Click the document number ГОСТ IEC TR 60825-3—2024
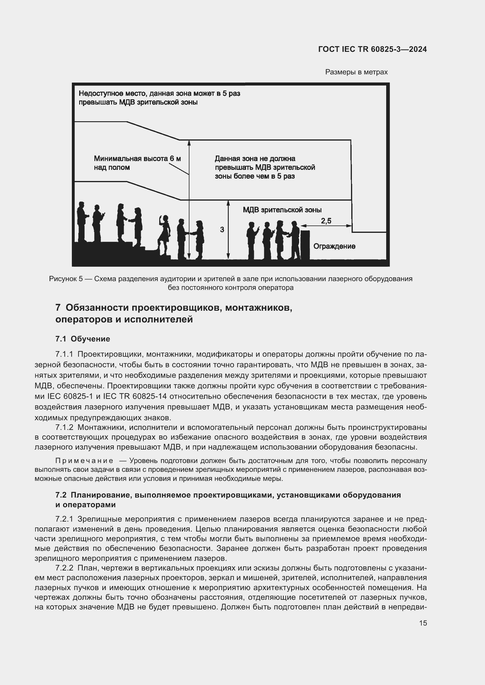(x=372, y=49)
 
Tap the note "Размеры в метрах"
(x=356, y=72)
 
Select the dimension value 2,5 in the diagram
(x=326, y=221)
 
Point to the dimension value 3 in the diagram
(x=222, y=230)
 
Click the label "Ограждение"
(x=334, y=246)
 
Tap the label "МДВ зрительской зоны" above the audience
(x=282, y=210)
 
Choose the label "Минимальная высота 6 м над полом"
(x=137, y=163)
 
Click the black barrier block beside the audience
(x=305, y=244)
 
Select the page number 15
(x=423, y=623)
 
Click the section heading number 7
(x=58, y=308)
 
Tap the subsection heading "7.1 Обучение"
(x=83, y=339)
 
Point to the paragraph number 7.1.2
(x=64, y=427)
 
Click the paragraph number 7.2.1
(x=64, y=519)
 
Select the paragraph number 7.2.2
(x=64, y=568)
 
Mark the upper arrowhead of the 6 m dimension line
(x=189, y=143)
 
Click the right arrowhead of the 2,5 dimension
(x=349, y=226)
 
